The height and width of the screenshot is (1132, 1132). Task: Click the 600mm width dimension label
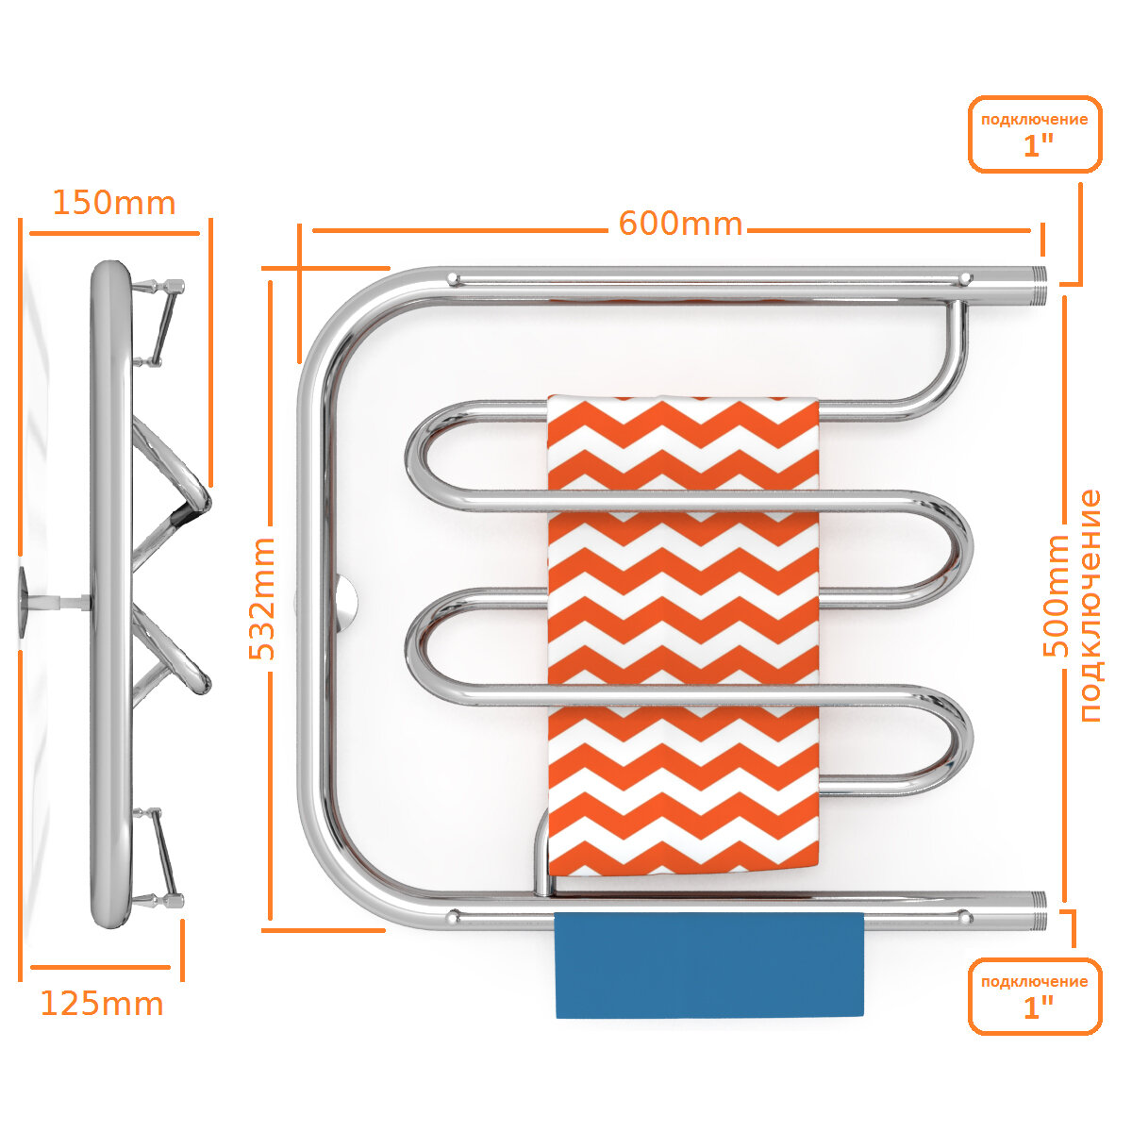tap(680, 225)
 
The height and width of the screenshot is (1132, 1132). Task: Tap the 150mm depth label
tap(113, 203)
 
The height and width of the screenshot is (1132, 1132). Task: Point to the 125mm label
tap(102, 1004)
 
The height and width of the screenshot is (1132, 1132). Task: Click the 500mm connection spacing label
tap(1057, 596)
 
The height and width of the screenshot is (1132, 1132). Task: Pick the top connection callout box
tap(1035, 134)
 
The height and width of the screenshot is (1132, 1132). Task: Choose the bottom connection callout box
tap(1035, 996)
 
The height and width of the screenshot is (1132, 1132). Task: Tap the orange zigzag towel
tap(683, 632)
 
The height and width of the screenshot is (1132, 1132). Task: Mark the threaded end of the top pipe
tap(1038, 285)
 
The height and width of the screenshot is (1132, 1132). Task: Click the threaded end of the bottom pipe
tap(1037, 911)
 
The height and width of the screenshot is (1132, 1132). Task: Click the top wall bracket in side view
tap(158, 321)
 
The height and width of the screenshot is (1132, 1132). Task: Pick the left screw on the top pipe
tap(453, 278)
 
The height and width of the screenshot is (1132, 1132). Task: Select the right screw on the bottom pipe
tap(964, 916)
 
